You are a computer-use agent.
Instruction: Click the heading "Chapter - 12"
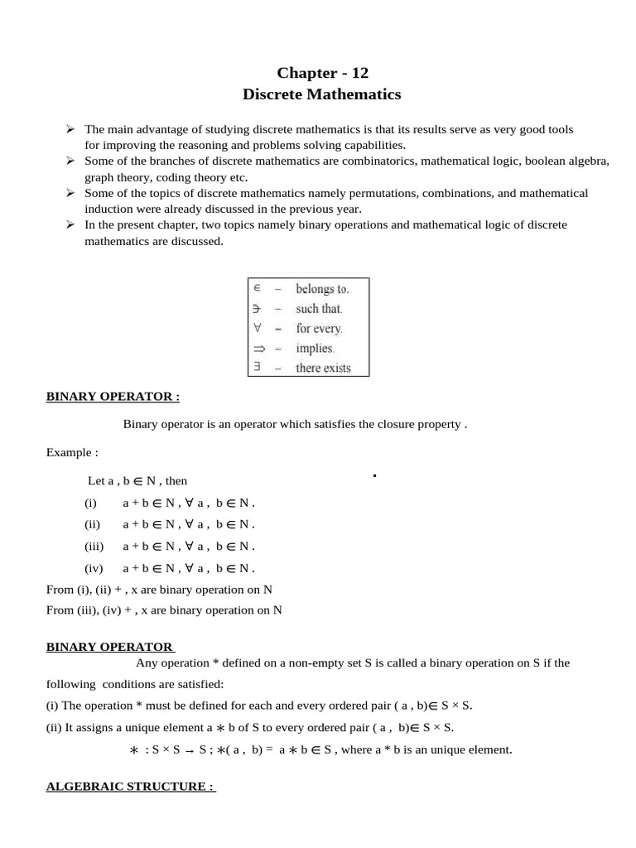(321, 72)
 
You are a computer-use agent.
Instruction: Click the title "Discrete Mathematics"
(321, 94)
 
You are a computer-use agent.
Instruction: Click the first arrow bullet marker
(71, 130)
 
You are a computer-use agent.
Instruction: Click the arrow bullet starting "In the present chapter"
(71, 224)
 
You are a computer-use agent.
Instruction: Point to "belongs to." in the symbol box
(322, 289)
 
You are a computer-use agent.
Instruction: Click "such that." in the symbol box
(319, 309)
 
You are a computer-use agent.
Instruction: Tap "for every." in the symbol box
(319, 329)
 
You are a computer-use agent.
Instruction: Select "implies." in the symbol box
(315, 349)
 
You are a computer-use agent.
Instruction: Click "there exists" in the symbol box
(323, 369)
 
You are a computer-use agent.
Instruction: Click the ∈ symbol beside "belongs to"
(257, 289)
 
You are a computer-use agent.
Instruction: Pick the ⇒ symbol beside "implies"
(258, 349)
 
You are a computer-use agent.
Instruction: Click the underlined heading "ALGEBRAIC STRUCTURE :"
(130, 786)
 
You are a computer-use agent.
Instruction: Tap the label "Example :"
(72, 453)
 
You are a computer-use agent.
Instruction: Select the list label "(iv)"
(93, 568)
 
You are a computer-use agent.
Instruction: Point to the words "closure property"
(422, 425)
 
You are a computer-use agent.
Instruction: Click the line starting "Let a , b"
(137, 480)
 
